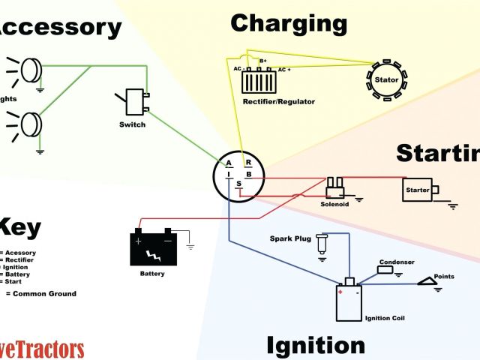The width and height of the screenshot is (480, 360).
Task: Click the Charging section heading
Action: [289, 23]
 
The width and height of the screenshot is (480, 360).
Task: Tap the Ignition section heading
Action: [316, 346]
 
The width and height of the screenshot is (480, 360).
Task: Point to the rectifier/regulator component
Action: [263, 79]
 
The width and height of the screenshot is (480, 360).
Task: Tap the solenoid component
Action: [334, 185]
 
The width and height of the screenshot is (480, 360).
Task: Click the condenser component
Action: [388, 270]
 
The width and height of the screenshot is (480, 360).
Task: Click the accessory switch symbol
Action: [136, 102]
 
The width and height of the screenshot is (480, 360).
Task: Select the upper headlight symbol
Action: [31, 70]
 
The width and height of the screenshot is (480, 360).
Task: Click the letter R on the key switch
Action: [247, 160]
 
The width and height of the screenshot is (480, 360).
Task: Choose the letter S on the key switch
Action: [239, 184]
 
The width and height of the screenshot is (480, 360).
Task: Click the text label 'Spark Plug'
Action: [289, 239]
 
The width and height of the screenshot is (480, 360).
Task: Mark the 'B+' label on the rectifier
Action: [262, 61]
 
